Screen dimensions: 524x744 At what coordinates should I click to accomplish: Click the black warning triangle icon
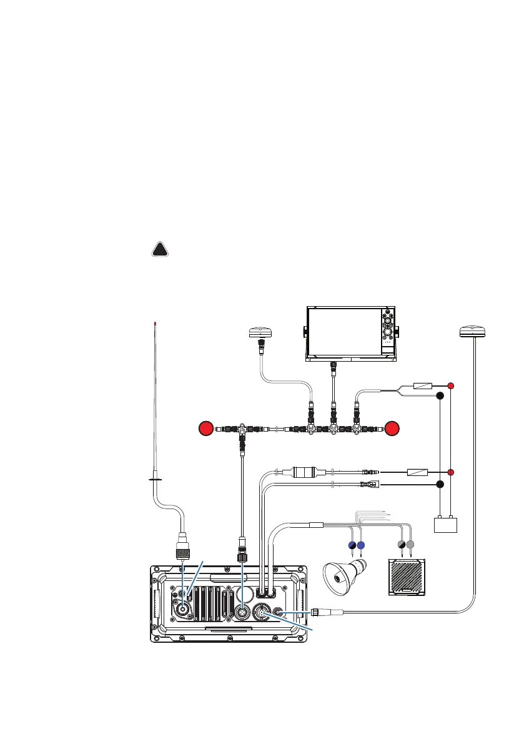tap(161, 250)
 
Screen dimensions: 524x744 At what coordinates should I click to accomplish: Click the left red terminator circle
tap(205, 429)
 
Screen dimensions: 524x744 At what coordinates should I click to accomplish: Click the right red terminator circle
tap(392, 429)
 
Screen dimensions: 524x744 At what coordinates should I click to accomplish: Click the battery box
tap(446, 525)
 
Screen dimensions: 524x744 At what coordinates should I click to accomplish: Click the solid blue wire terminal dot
tap(361, 545)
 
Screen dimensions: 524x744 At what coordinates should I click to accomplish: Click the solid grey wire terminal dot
tap(410, 545)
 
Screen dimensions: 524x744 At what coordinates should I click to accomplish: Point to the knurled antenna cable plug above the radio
tap(182, 550)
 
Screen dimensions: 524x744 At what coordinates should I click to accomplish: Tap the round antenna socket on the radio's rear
tap(185, 610)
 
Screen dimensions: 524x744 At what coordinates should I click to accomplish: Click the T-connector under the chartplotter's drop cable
tap(333, 429)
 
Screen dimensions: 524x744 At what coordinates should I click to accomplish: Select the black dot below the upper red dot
tap(440, 396)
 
